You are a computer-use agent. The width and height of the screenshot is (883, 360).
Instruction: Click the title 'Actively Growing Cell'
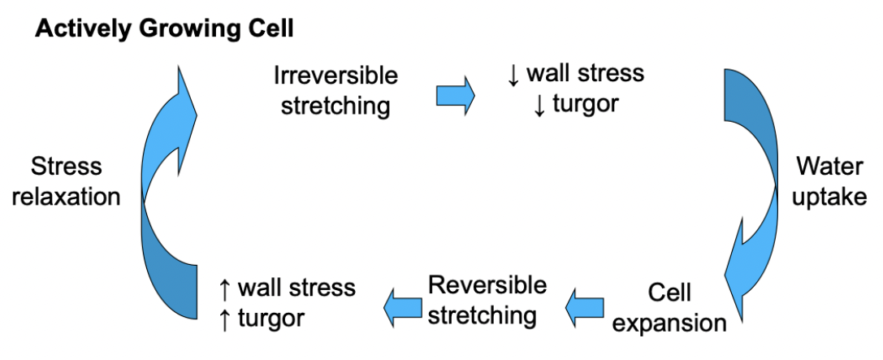164,29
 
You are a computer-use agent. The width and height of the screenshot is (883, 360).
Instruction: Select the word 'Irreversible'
335,75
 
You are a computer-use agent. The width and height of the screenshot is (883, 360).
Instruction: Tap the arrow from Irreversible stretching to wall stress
456,96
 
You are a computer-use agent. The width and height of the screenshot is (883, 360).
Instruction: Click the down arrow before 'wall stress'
513,75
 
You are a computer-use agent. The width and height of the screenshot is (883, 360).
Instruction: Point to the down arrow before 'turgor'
539,106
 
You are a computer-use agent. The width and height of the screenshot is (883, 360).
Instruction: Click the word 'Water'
829,167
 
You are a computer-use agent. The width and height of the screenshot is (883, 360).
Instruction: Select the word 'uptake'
829,197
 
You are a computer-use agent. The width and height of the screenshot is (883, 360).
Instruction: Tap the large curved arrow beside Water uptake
751,194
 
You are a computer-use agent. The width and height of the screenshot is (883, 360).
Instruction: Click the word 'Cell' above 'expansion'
669,293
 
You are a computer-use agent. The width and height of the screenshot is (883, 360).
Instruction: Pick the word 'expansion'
669,323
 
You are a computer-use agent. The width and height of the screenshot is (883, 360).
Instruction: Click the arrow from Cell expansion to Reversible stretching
585,308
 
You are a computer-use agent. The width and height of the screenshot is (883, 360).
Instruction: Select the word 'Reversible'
487,285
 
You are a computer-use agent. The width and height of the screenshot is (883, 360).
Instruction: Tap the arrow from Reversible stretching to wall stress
403,308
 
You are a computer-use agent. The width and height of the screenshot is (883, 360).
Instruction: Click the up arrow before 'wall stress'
224,288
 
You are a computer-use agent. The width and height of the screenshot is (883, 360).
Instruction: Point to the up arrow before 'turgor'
224,319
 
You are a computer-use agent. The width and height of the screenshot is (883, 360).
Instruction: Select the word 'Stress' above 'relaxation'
67,167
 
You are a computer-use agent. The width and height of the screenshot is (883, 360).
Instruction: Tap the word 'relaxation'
67,197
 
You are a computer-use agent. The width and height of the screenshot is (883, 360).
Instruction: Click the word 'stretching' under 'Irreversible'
335,106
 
